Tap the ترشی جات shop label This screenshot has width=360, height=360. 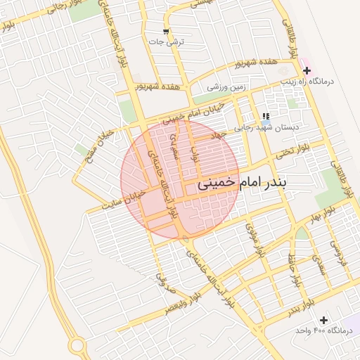click(x=169, y=42)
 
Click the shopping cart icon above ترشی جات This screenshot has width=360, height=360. click(x=166, y=32)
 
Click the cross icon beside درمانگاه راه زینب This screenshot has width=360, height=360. click(x=307, y=70)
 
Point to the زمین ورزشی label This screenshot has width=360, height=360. click(x=226, y=88)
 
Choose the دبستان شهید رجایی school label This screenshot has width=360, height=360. click(x=285, y=127)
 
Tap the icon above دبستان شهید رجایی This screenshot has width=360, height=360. click(x=266, y=116)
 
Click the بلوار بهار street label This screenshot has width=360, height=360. click(x=323, y=212)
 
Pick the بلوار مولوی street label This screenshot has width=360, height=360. click(x=253, y=239)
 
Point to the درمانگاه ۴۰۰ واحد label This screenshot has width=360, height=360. click(x=323, y=330)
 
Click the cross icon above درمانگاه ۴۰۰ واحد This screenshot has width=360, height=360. click(x=323, y=320)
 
